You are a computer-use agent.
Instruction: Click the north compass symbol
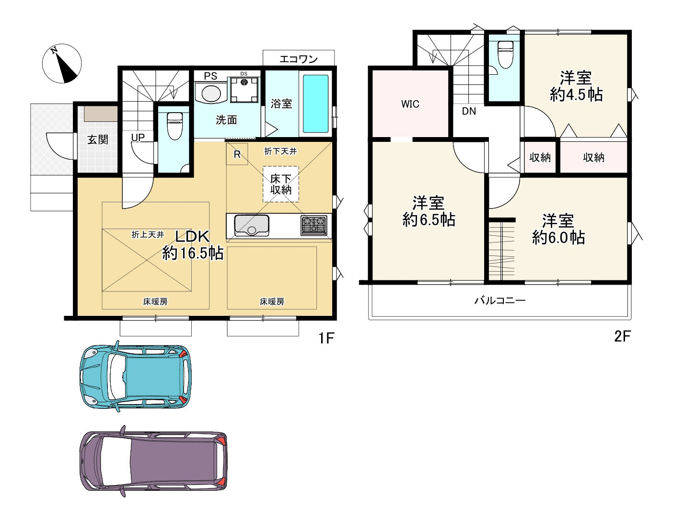(62, 63)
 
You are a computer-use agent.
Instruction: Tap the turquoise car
(136, 376)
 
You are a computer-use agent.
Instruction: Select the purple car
(153, 461)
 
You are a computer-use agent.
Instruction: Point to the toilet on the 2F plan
(505, 55)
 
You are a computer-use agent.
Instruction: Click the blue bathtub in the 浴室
(315, 104)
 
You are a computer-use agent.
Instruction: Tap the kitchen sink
(252, 225)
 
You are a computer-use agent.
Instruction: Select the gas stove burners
(314, 225)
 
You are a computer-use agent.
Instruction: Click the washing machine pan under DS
(244, 90)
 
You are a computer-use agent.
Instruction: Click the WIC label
(410, 104)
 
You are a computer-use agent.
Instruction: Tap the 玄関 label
(98, 139)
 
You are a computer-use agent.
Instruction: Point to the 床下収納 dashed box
(280, 184)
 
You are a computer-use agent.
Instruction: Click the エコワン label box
(299, 58)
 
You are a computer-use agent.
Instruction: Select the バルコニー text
(500, 300)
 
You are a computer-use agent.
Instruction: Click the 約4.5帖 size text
(576, 94)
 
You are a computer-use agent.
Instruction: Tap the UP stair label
(138, 137)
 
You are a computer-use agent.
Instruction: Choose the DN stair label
(469, 111)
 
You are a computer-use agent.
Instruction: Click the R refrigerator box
(237, 154)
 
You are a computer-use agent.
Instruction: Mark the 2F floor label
(623, 336)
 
